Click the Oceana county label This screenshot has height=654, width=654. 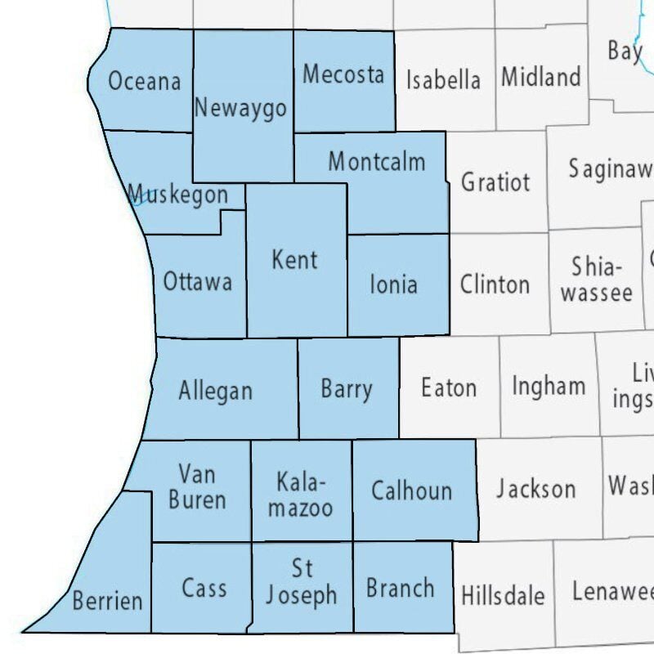[x=144, y=82]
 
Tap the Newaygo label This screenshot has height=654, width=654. [x=240, y=108]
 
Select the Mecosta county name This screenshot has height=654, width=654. [x=343, y=74]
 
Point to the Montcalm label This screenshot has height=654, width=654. [x=377, y=161]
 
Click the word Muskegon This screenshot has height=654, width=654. [x=178, y=195]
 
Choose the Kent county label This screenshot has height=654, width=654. [x=295, y=260]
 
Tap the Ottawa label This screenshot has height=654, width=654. [x=198, y=282]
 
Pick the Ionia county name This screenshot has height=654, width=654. [x=394, y=284]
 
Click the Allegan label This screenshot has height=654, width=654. [x=216, y=391]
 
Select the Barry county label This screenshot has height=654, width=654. [x=347, y=389]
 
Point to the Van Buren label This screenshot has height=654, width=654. [x=197, y=486]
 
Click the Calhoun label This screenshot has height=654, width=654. [x=411, y=490]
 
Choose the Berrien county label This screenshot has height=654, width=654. [x=107, y=602]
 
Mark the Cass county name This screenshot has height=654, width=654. [x=204, y=588]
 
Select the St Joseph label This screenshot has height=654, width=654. [x=301, y=582]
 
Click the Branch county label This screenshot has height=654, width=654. [x=401, y=588]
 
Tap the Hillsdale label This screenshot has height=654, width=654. [x=503, y=594]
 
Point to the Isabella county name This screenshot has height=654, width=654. [x=443, y=80]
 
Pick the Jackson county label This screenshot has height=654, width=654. [x=535, y=489]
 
